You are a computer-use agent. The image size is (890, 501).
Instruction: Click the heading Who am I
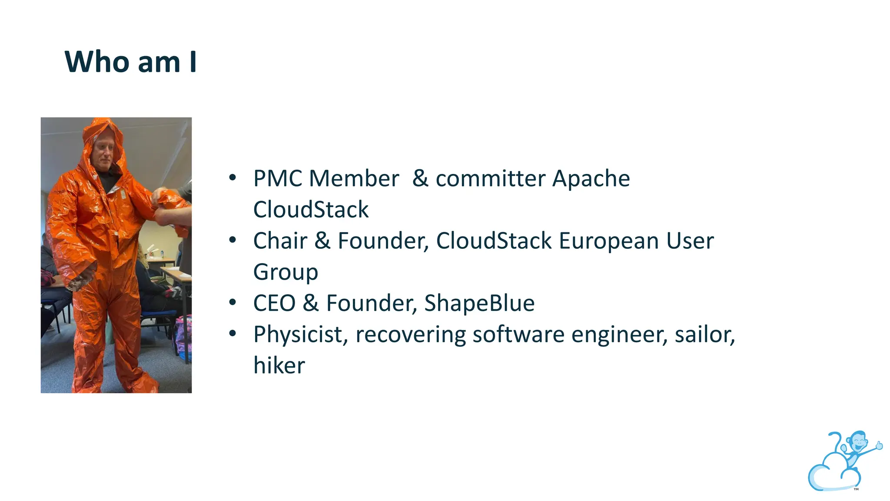(130, 62)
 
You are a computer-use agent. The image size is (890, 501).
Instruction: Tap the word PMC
(278, 179)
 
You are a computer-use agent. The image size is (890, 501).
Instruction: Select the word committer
(491, 179)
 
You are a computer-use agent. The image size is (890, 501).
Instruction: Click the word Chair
(280, 241)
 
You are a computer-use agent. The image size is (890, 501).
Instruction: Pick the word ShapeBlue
(479, 303)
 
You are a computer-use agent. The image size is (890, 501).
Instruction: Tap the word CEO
(274, 303)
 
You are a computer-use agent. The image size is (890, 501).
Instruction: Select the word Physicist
(300, 335)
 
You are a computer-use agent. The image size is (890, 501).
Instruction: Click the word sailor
(704, 335)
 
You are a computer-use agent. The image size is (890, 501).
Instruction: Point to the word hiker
(279, 365)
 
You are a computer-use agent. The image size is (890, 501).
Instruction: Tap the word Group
(286, 273)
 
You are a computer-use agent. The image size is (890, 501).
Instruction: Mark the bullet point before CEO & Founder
(232, 302)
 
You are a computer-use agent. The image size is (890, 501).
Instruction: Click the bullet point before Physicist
(232, 334)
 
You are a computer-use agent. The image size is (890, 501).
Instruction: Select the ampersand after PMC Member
(420, 179)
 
